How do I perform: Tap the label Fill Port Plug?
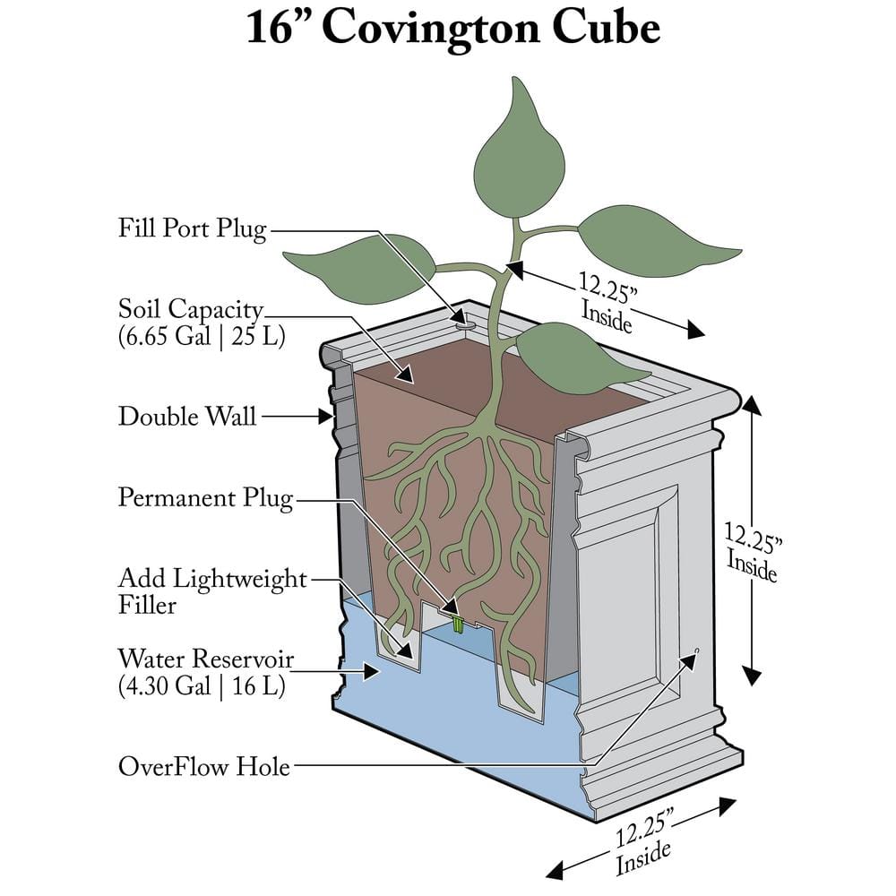point(192,228)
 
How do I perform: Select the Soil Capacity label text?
point(191,310)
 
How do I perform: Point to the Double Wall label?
point(187,416)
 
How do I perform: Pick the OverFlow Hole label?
point(204,767)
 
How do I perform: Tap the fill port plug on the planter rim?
point(461,318)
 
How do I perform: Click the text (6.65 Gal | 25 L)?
point(202,338)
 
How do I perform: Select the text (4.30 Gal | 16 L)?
point(202,688)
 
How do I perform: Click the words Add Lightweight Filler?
point(211,591)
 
